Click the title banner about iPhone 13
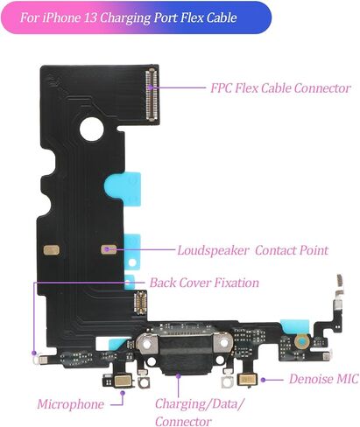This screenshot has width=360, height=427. (136, 17)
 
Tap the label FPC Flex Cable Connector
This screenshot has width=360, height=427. (280, 87)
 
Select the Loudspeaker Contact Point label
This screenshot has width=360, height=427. (253, 250)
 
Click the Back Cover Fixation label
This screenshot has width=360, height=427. (204, 283)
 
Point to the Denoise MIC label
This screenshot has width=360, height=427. (324, 379)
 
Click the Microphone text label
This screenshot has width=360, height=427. (70, 404)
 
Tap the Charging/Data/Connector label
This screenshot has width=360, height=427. (200, 412)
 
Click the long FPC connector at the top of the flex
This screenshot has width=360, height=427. (152, 94)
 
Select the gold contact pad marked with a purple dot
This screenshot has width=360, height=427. (109, 249)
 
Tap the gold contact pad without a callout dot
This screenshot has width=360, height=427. (52, 250)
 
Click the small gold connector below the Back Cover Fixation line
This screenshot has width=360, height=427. (140, 303)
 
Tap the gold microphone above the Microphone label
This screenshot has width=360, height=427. (123, 381)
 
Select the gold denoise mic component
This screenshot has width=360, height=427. (248, 380)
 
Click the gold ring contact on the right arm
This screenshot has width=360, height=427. (302, 341)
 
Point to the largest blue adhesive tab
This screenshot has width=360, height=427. (124, 188)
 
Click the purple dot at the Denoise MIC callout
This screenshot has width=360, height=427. (263, 380)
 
